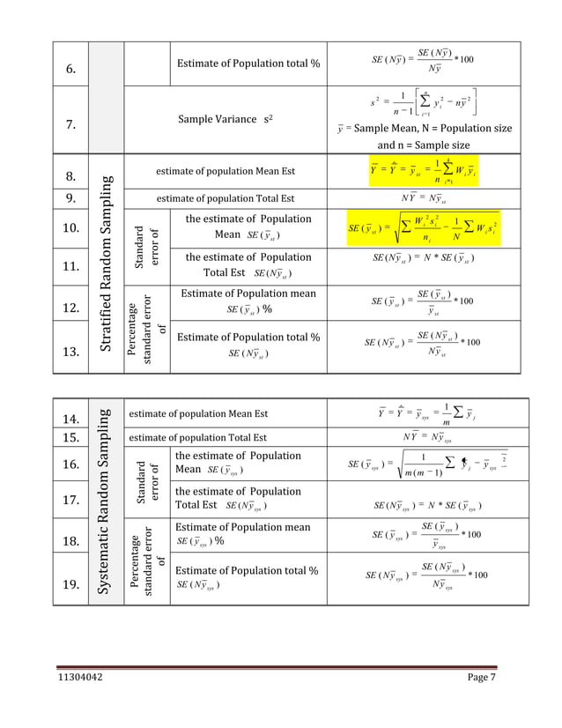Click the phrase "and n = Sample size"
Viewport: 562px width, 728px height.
pos(424,145)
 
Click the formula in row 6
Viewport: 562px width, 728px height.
pos(420,59)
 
